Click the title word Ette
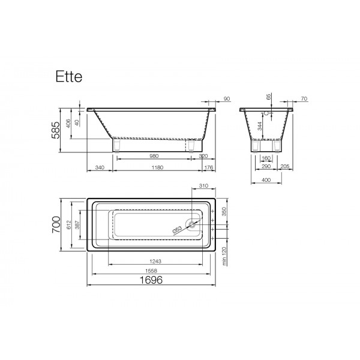pos(68,76)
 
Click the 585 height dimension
pos(56,130)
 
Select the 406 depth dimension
pos(68,123)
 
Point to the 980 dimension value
pos(154,156)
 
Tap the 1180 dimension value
pos(157,167)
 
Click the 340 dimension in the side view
pos(100,167)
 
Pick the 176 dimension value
pos(209,167)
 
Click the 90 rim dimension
pos(227,99)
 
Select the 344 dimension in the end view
pos(259,126)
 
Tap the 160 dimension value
pos(266,158)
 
